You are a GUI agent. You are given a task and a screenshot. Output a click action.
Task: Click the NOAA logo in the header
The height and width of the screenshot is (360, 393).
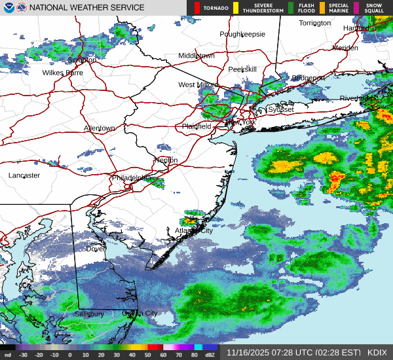pyautogui.click(x=8, y=7)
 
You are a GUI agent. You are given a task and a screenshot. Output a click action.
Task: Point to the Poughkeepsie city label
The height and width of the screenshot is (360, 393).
pyautogui.click(x=242, y=34)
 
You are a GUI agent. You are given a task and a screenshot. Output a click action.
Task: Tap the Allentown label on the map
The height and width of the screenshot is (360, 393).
pyautogui.click(x=100, y=128)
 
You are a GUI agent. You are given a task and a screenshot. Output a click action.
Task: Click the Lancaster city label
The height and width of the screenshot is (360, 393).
pyautogui.click(x=24, y=175)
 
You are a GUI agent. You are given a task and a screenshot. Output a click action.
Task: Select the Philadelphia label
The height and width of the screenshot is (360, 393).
pyautogui.click(x=131, y=178)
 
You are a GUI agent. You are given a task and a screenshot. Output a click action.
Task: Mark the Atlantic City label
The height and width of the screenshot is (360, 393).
pyautogui.click(x=194, y=230)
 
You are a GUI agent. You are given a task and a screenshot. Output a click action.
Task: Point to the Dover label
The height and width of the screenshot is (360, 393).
pyautogui.click(x=96, y=249)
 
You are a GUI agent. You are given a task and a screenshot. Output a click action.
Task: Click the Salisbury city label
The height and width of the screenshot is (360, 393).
pyautogui.click(x=88, y=314)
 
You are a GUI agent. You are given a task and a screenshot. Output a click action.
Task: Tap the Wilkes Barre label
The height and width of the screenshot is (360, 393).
pyautogui.click(x=63, y=73)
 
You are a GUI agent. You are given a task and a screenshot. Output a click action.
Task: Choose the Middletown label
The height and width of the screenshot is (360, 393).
pyautogui.click(x=196, y=56)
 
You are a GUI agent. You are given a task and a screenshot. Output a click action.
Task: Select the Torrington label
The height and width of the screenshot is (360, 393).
pyautogui.click(x=315, y=23)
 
